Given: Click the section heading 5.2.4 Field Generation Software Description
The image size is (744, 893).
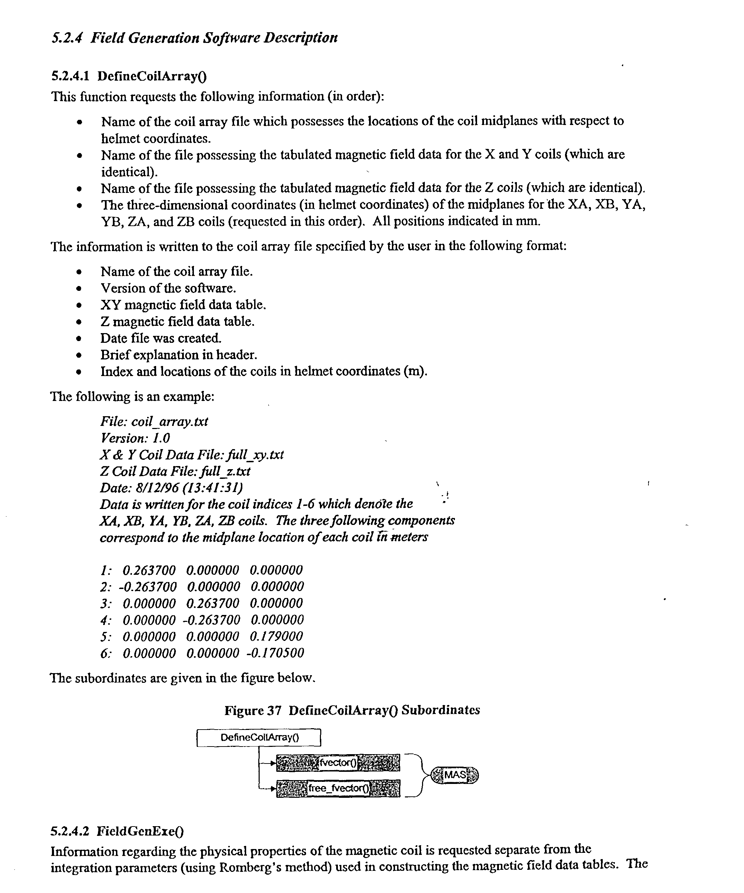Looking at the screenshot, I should tap(194, 38).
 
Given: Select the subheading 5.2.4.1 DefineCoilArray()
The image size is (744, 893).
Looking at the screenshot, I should tap(129, 76).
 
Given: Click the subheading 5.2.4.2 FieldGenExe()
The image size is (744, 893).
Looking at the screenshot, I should tap(117, 831).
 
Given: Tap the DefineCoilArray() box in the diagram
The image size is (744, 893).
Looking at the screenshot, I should tap(259, 738).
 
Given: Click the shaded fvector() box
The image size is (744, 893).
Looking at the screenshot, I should tap(338, 763).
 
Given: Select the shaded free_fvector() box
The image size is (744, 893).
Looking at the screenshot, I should tap(338, 788).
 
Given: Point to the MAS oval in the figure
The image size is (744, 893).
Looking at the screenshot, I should tap(455, 775).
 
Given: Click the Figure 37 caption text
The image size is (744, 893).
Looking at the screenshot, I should tap(352, 710).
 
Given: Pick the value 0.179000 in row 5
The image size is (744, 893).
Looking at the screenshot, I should tap(276, 636).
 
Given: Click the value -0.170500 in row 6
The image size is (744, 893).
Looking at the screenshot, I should tap(275, 653).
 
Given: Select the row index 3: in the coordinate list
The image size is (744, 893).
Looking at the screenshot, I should tap(106, 604).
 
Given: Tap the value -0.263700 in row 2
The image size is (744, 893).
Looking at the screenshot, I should tap(147, 587).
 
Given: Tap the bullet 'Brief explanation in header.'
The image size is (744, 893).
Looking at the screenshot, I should tap(179, 355).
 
